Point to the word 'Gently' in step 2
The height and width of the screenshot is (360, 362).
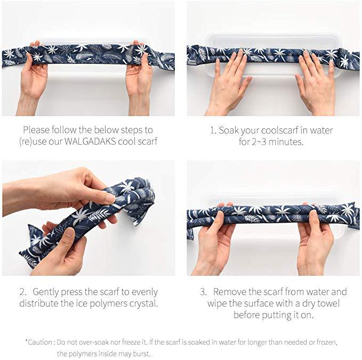pos(46,292)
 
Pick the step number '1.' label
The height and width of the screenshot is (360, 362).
pos(212,130)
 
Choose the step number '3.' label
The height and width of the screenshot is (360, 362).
pos(204,292)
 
